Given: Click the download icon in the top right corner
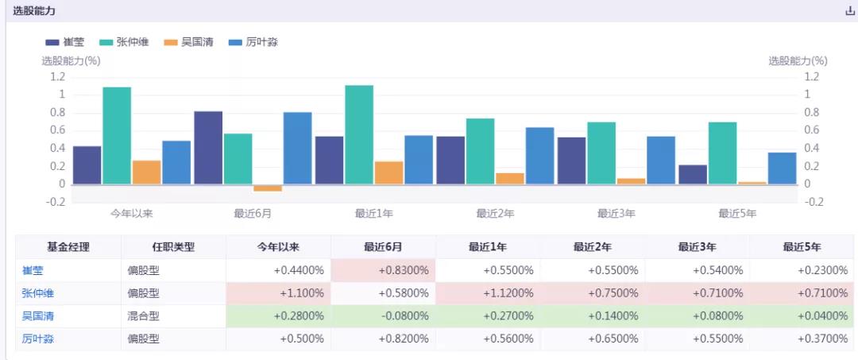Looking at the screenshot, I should pyautogui.click(x=849, y=12).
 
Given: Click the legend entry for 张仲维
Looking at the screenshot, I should pyautogui.click(x=121, y=42).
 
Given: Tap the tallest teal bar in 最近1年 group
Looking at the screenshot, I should pyautogui.click(x=359, y=134).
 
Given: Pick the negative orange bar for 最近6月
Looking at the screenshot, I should pyautogui.click(x=268, y=188).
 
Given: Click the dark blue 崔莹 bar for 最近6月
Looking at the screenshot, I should pyautogui.click(x=208, y=148).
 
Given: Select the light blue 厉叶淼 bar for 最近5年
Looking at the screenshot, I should pyautogui.click(x=782, y=168).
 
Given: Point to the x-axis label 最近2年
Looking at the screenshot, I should pyautogui.click(x=495, y=214).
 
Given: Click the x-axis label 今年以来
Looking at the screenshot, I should pyautogui.click(x=131, y=214).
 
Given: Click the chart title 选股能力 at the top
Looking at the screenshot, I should pyautogui.click(x=34, y=11).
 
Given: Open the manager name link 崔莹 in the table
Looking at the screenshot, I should pyautogui.click(x=33, y=270).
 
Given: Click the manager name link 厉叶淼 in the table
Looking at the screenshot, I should pyautogui.click(x=38, y=339).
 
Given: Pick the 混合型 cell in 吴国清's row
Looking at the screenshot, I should pyautogui.click(x=144, y=316).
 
